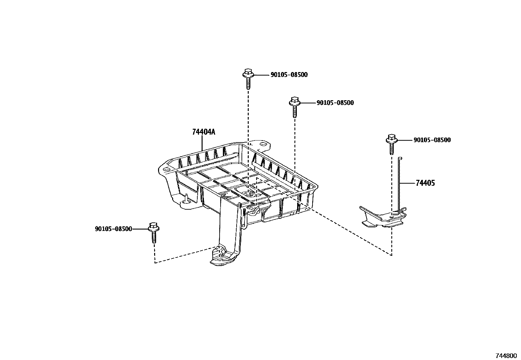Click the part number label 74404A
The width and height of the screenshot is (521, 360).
click(x=203, y=132)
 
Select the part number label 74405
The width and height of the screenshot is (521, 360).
click(x=425, y=183)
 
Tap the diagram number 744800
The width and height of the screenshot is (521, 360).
click(x=505, y=355)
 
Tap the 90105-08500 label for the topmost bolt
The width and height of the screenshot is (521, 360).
click(x=289, y=75)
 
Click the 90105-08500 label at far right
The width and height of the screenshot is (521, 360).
click(x=432, y=140)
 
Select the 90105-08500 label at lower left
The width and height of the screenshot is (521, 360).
click(x=113, y=229)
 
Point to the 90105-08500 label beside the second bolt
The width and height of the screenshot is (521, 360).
click(x=335, y=103)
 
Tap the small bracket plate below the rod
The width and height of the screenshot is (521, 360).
click(x=381, y=218)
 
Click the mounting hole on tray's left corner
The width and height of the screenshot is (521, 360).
click(x=166, y=169)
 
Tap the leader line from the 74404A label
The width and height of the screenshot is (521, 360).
click(x=203, y=143)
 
